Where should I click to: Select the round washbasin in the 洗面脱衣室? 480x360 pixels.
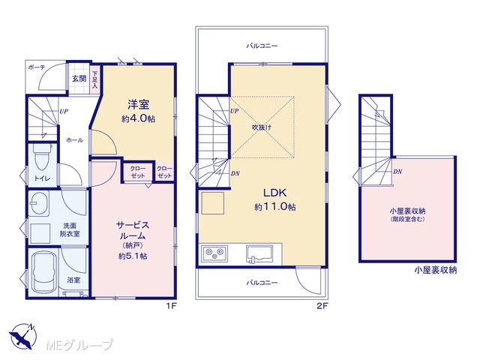point(39,203)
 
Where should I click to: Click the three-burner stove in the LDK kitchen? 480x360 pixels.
point(214,253)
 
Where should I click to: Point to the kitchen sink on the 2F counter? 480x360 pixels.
point(259,254)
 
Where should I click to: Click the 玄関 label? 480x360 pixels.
point(79,79)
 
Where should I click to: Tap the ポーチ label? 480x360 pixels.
point(37,67)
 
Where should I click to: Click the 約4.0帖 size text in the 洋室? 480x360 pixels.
point(138,118)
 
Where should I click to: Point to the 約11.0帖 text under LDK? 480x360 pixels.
point(274,207)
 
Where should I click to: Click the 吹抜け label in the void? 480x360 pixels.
point(262,127)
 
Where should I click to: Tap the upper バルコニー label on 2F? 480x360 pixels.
point(262,46)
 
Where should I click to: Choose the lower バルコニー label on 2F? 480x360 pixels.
point(262,283)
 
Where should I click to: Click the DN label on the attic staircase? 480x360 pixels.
point(397,172)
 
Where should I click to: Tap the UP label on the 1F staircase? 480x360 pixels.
point(63,112)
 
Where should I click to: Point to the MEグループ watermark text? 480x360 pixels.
point(79,345)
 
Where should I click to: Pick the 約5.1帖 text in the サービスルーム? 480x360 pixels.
point(133,256)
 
